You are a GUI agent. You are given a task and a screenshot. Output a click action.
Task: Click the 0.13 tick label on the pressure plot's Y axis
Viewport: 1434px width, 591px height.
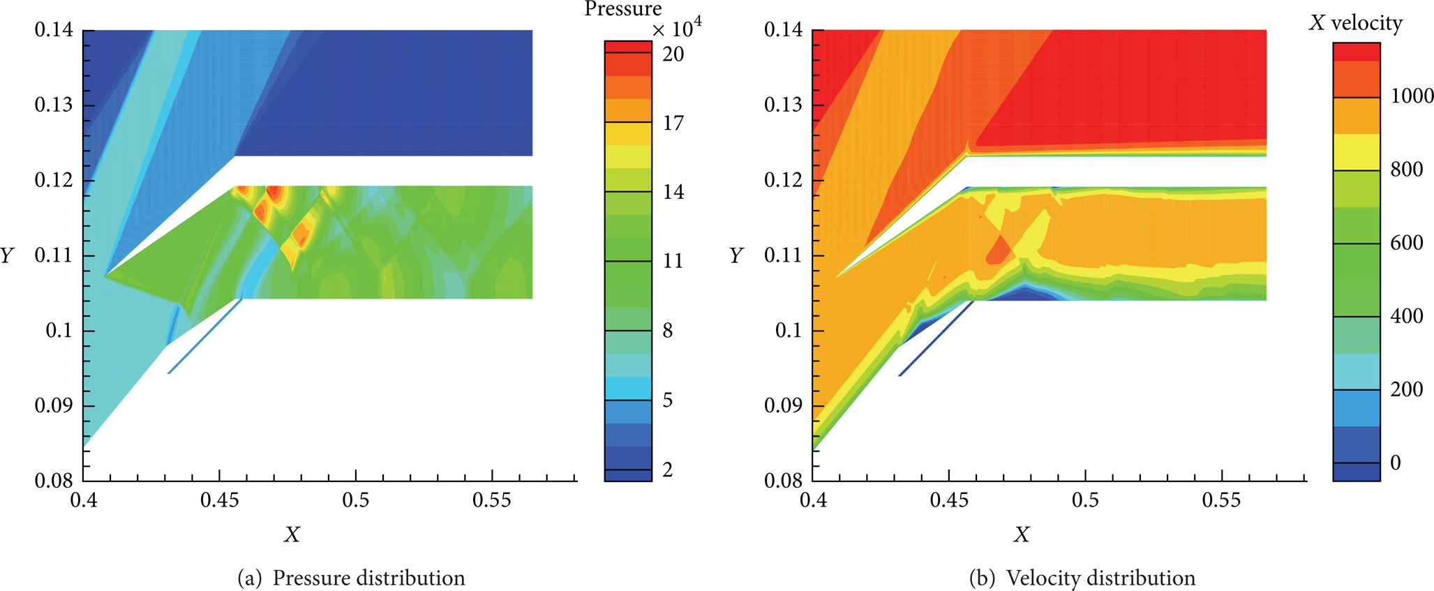[x=54, y=105]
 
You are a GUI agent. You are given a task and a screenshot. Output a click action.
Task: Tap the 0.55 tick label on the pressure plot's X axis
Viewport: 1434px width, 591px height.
[x=492, y=500]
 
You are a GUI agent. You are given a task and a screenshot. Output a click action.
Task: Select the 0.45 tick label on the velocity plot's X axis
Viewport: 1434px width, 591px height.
[x=949, y=500]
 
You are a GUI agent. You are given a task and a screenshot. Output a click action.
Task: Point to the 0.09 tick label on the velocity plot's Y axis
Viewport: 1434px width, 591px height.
[x=784, y=405]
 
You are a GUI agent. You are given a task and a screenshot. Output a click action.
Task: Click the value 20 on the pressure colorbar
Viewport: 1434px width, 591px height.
[x=673, y=54]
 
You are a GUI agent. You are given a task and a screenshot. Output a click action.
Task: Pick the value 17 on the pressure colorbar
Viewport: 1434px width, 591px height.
[x=673, y=123]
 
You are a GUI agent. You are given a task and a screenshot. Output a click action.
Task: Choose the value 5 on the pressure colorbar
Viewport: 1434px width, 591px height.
[x=668, y=400]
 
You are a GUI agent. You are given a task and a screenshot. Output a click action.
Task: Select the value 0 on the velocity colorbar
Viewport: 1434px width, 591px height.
[x=1396, y=462]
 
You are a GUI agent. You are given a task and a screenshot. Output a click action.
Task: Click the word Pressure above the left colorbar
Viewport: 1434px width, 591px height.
[x=623, y=9]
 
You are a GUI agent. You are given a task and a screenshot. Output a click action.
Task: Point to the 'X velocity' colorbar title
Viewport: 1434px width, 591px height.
[x=1356, y=23]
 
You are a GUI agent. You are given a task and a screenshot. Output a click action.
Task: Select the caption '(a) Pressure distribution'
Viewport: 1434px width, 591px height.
[x=351, y=578]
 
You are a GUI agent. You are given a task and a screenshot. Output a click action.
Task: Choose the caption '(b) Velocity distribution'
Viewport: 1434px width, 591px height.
[x=1082, y=578]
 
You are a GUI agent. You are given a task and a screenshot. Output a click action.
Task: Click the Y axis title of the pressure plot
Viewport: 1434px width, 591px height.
[x=8, y=255]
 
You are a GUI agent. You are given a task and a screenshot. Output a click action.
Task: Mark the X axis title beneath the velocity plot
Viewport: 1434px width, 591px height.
[x=1022, y=534]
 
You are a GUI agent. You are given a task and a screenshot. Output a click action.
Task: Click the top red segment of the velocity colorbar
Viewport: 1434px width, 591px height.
[x=1357, y=52]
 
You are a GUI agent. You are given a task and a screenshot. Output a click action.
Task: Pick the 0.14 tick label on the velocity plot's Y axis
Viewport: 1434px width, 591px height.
[x=784, y=30]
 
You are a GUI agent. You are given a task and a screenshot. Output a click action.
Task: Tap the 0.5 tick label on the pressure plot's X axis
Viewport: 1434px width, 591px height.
[x=356, y=500]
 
